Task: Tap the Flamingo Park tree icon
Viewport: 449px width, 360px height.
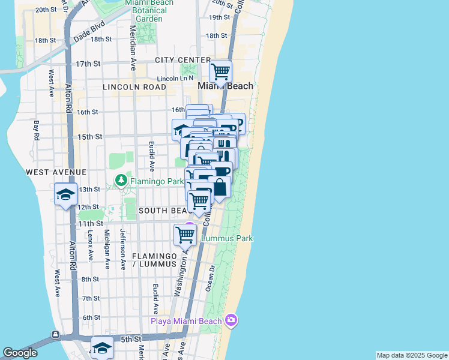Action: point(121,180)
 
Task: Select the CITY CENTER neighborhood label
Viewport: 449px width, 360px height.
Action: point(182,60)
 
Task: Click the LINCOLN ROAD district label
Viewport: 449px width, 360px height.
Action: point(134,87)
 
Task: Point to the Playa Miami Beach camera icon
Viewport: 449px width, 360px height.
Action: point(231,320)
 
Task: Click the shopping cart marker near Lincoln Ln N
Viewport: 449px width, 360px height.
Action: point(221,71)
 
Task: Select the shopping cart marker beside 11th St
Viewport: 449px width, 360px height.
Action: point(185,235)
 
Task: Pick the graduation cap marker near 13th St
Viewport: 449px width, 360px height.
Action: point(65,194)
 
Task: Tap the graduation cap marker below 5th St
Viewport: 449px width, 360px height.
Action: point(102,348)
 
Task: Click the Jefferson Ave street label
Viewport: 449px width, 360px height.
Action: point(123,248)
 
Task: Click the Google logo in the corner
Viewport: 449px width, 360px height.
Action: point(20,353)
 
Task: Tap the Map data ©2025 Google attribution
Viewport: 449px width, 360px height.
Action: point(411,355)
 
